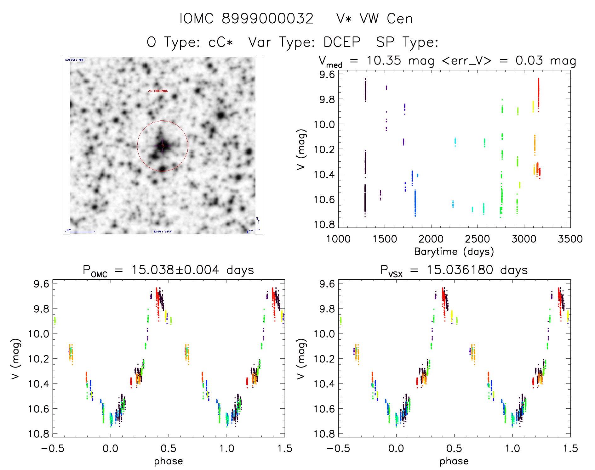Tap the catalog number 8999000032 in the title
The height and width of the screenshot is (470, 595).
coord(268,19)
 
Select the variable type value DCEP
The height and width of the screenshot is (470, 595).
coord(342,42)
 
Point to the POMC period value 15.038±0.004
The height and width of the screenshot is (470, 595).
coord(175,270)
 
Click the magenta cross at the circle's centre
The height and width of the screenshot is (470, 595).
coord(163,145)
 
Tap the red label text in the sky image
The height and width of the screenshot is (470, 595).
coord(158,91)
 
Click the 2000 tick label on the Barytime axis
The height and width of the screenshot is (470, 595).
coord(431,239)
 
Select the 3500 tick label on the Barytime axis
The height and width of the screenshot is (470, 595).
coord(570,239)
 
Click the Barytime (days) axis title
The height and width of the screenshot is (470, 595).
coord(454,252)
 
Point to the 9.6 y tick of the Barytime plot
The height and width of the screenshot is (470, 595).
coord(327,75)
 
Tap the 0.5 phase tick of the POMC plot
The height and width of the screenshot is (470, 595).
coord(169,449)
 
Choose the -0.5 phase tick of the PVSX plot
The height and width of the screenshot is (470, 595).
coord(338,449)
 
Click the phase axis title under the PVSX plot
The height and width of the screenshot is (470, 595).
coord(454,461)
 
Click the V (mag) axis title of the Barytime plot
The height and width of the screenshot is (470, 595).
coord(301,149)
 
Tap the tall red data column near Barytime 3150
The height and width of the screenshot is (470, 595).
coord(538,94)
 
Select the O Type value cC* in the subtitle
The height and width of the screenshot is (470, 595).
coord(220,42)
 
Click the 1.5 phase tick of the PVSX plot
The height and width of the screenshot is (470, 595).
coord(570,449)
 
